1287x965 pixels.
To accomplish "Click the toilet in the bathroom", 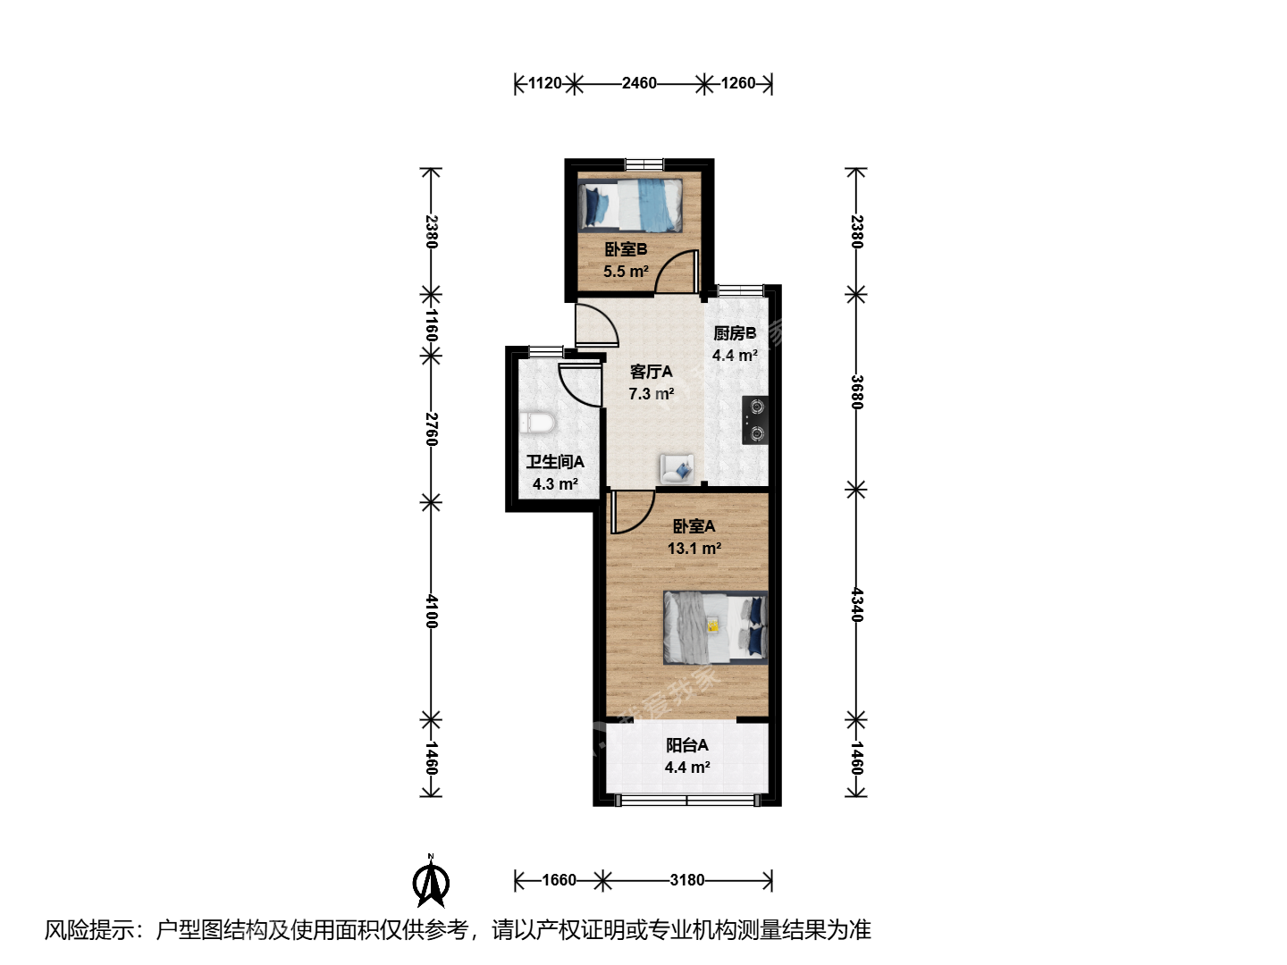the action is (x=537, y=423).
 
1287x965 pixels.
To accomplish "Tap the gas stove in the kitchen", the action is (x=755, y=420).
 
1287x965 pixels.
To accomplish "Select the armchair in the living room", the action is (x=677, y=469).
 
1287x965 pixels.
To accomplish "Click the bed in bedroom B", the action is (x=630, y=206).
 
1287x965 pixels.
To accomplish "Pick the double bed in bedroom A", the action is (x=715, y=627).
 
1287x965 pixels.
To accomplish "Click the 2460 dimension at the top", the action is (x=639, y=83).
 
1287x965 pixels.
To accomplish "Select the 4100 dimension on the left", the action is (x=432, y=611).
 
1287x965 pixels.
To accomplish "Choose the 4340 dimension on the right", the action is (x=856, y=605).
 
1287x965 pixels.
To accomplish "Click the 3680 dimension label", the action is (x=856, y=392).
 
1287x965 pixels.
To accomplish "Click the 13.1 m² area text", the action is (x=694, y=549).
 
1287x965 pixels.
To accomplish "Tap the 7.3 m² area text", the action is (x=652, y=394).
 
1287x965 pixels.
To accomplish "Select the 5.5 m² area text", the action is (x=627, y=272).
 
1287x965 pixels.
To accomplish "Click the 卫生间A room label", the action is (x=555, y=462).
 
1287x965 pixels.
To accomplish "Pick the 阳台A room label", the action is (x=687, y=745).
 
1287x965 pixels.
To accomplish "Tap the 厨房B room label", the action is (x=735, y=333).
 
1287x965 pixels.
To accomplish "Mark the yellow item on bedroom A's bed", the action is (x=713, y=626).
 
